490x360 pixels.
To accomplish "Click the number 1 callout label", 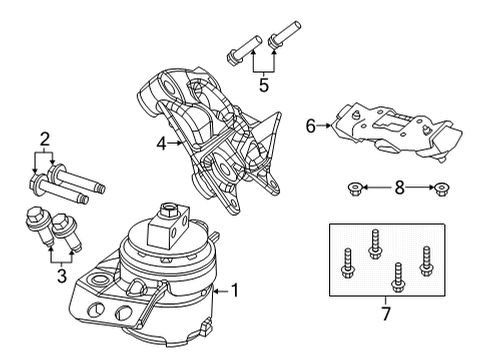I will (236, 293).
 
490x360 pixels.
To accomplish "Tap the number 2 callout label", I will (45, 139).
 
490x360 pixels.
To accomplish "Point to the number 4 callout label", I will (160, 143).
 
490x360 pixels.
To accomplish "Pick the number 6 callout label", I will (310, 126).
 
